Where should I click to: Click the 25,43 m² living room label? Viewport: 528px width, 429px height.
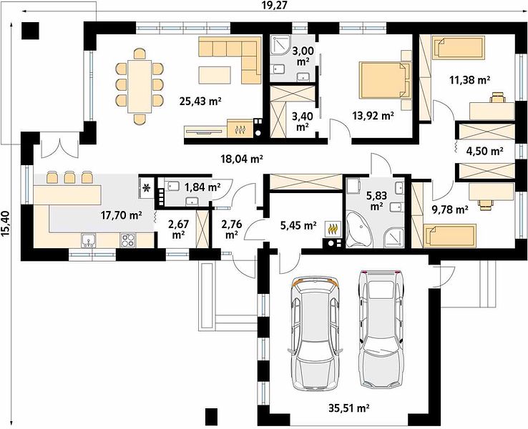pyautogui.click(x=200, y=101)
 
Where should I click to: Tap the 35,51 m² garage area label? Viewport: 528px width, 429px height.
pyautogui.click(x=349, y=408)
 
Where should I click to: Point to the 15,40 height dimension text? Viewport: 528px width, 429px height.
pyautogui.click(x=6, y=224)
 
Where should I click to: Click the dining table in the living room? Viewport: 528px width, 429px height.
pyautogui.click(x=140, y=87)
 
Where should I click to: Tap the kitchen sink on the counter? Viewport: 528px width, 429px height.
pyautogui.click(x=88, y=240)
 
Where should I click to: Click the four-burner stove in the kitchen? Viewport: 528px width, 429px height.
pyautogui.click(x=127, y=240)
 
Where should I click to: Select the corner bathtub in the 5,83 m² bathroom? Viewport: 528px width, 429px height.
pyautogui.click(x=360, y=230)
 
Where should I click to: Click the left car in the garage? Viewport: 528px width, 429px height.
pyautogui.click(x=315, y=333)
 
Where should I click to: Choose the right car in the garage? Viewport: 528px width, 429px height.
pyautogui.click(x=381, y=329)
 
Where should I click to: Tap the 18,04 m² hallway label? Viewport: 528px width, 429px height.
pyautogui.click(x=242, y=158)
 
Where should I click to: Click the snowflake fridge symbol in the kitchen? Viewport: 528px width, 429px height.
pyautogui.click(x=147, y=188)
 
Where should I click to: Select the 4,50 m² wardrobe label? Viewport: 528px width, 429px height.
pyautogui.click(x=484, y=151)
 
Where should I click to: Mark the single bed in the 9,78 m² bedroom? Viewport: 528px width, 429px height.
pyautogui.click(x=450, y=235)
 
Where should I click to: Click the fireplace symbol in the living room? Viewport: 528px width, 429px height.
pyautogui.click(x=240, y=128)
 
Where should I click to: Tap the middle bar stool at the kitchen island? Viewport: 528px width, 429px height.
pyautogui.click(x=69, y=177)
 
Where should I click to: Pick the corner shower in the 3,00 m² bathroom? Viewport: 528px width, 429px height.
pyautogui.click(x=280, y=45)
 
